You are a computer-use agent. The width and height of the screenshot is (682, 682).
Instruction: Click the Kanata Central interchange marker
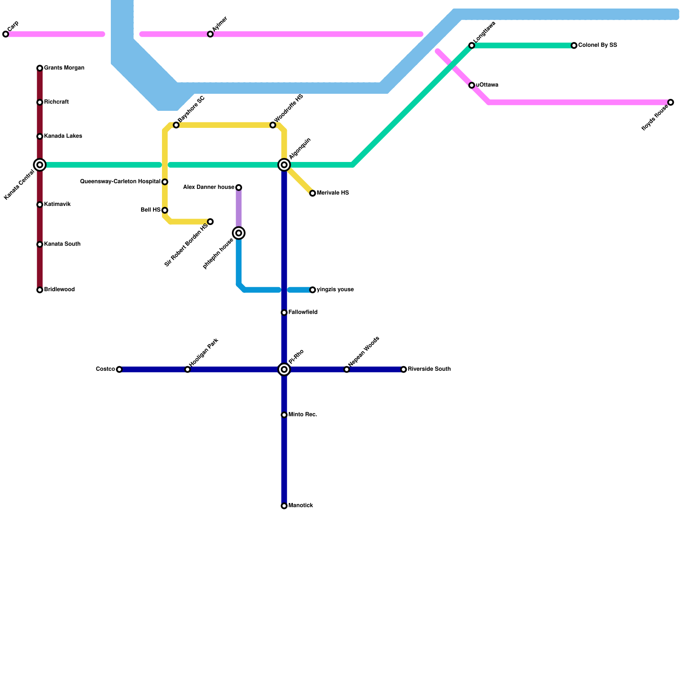(x=40, y=165)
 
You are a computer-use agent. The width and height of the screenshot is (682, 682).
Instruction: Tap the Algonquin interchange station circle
(x=284, y=165)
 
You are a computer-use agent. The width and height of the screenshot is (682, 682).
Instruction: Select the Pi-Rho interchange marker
(x=284, y=370)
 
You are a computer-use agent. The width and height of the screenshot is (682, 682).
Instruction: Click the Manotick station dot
(x=284, y=506)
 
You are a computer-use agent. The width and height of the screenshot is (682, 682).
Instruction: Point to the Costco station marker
(x=119, y=370)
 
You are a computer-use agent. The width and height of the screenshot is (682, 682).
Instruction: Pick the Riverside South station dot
(x=404, y=370)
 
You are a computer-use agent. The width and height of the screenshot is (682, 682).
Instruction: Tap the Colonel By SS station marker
(x=574, y=46)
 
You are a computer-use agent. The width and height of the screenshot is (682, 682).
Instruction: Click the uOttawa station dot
(x=472, y=85)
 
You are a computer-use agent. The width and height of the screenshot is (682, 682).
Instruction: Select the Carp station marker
(x=6, y=34)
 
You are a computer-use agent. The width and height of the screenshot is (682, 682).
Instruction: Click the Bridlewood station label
(x=59, y=290)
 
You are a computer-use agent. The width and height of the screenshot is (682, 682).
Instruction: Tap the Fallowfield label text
(x=303, y=312)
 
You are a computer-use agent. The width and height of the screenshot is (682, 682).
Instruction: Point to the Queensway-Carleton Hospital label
(x=120, y=182)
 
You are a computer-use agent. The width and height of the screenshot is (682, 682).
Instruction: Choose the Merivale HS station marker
(x=312, y=194)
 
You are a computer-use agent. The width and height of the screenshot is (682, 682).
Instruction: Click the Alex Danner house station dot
(x=239, y=188)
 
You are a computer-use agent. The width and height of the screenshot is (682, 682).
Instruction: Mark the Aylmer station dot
(x=210, y=34)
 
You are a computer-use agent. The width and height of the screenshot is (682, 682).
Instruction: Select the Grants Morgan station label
(x=64, y=68)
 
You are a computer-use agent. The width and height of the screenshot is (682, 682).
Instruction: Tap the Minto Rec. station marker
(x=284, y=415)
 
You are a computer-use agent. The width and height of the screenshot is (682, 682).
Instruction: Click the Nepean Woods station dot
(x=347, y=370)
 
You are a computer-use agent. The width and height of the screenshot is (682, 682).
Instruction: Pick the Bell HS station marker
(x=165, y=210)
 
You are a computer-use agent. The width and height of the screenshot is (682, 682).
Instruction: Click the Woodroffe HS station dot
(x=273, y=125)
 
